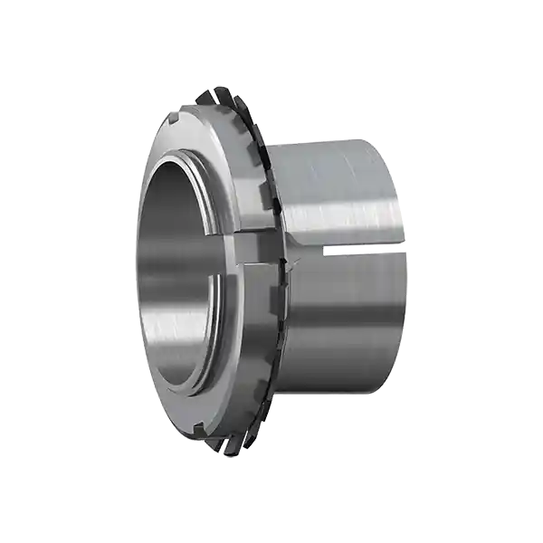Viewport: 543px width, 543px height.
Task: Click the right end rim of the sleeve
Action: pyautogui.click(x=404, y=262)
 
